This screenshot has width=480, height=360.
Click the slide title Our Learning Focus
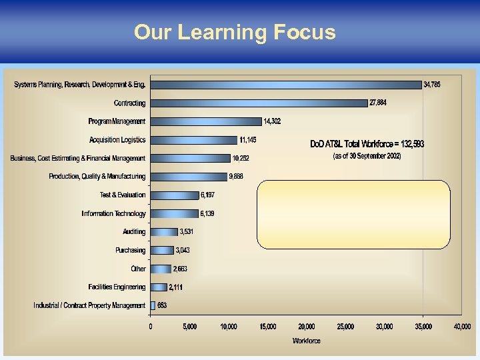click(x=235, y=32)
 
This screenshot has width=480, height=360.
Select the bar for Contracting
click(x=259, y=103)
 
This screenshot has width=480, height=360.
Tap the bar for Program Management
click(x=205, y=121)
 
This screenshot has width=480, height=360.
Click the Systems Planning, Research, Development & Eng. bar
click(x=285, y=85)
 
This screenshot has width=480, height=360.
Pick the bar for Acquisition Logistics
click(x=193, y=140)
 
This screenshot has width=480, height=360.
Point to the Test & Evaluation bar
click(x=174, y=195)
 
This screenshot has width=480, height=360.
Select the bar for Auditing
click(x=164, y=232)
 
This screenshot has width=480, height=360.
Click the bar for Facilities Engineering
click(x=159, y=287)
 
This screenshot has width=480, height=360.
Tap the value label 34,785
click(x=432, y=85)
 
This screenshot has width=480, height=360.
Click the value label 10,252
click(x=240, y=159)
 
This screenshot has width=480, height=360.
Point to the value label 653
click(x=162, y=305)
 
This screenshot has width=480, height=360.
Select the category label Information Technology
click(x=113, y=214)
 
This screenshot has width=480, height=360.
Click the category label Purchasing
click(x=130, y=251)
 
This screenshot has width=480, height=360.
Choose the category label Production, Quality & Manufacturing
click(x=97, y=177)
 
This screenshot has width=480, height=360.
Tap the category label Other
click(x=138, y=269)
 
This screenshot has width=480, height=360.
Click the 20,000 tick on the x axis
click(x=307, y=327)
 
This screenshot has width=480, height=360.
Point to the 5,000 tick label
click(x=189, y=327)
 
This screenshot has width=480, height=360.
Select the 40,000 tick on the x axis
click(x=462, y=327)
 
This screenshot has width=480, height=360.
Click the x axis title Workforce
click(x=307, y=341)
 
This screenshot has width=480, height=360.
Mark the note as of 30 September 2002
click(x=367, y=156)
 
